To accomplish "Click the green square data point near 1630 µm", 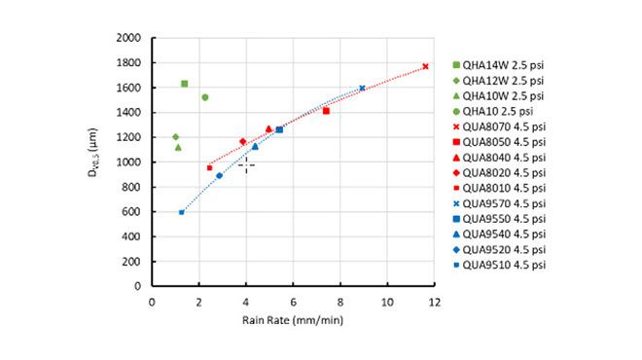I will coord(185,84).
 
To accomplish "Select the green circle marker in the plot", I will coord(204,97).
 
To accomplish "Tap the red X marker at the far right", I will coord(425,66).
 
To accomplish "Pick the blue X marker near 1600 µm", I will coord(362,88).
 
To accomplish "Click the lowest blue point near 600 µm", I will coord(181,212).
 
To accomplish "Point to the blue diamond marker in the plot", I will coord(219,175).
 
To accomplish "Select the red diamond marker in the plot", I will coord(243,141).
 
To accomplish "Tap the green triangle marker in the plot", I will coord(178,147).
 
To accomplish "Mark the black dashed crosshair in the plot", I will coord(246,164).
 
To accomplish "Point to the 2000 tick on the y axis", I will coord(129,38).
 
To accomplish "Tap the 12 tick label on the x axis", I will coord(434,301).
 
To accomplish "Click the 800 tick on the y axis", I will coord(133,187).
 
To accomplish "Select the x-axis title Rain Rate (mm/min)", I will coord(292,319).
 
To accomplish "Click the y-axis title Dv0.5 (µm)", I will coord(94,162).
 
